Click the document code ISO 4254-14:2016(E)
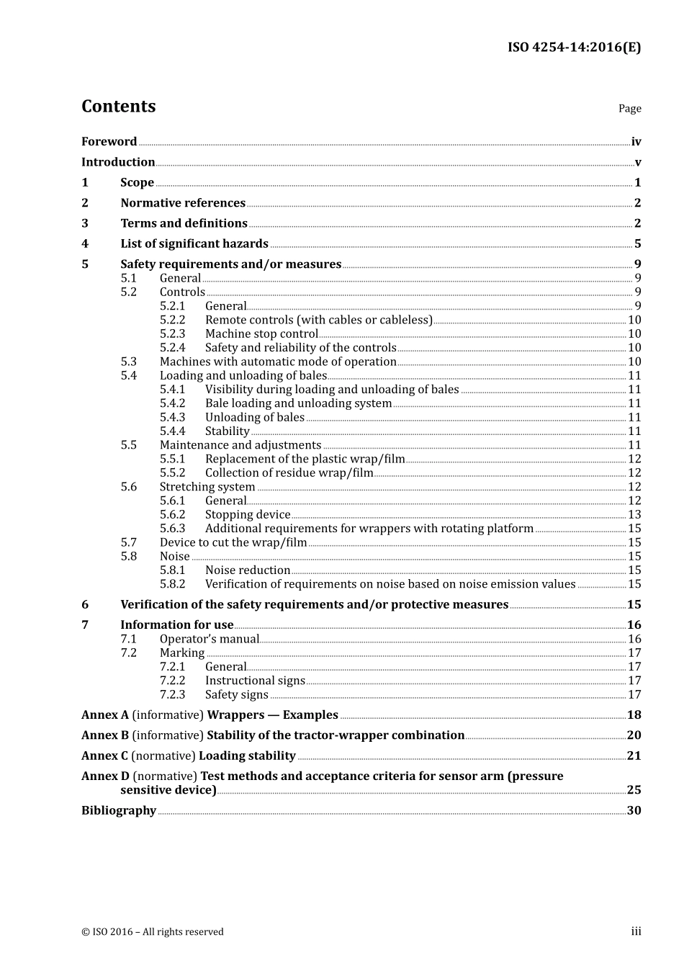click(574, 48)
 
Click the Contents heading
click(118, 107)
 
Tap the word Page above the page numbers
click(629, 109)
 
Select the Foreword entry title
click(109, 142)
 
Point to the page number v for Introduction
click(637, 163)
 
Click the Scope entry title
click(137, 183)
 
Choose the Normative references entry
click(183, 203)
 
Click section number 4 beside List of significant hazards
click(85, 244)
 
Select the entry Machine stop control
click(261, 334)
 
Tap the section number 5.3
click(128, 362)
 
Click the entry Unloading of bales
click(254, 418)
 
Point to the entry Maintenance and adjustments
click(240, 445)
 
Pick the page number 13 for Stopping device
click(634, 515)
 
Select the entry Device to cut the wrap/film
click(233, 542)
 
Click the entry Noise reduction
click(247, 570)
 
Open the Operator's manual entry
click(209, 640)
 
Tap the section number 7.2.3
click(172, 695)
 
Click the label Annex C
click(104, 756)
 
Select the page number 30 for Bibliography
click(634, 811)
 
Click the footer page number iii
click(636, 932)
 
